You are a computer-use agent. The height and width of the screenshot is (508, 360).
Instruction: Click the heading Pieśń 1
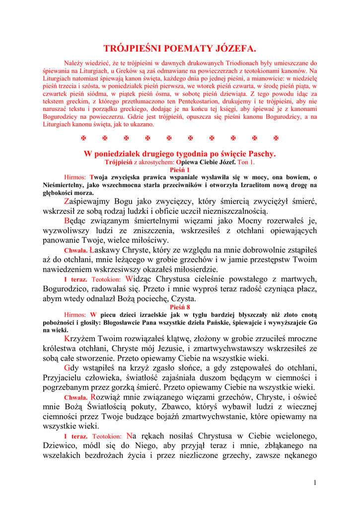(x=180, y=169)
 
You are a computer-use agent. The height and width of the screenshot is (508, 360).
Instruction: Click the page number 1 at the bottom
(x=315, y=483)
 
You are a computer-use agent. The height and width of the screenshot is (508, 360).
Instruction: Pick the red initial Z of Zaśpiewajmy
(x=67, y=201)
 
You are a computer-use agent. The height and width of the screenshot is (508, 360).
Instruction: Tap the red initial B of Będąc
(x=67, y=221)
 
